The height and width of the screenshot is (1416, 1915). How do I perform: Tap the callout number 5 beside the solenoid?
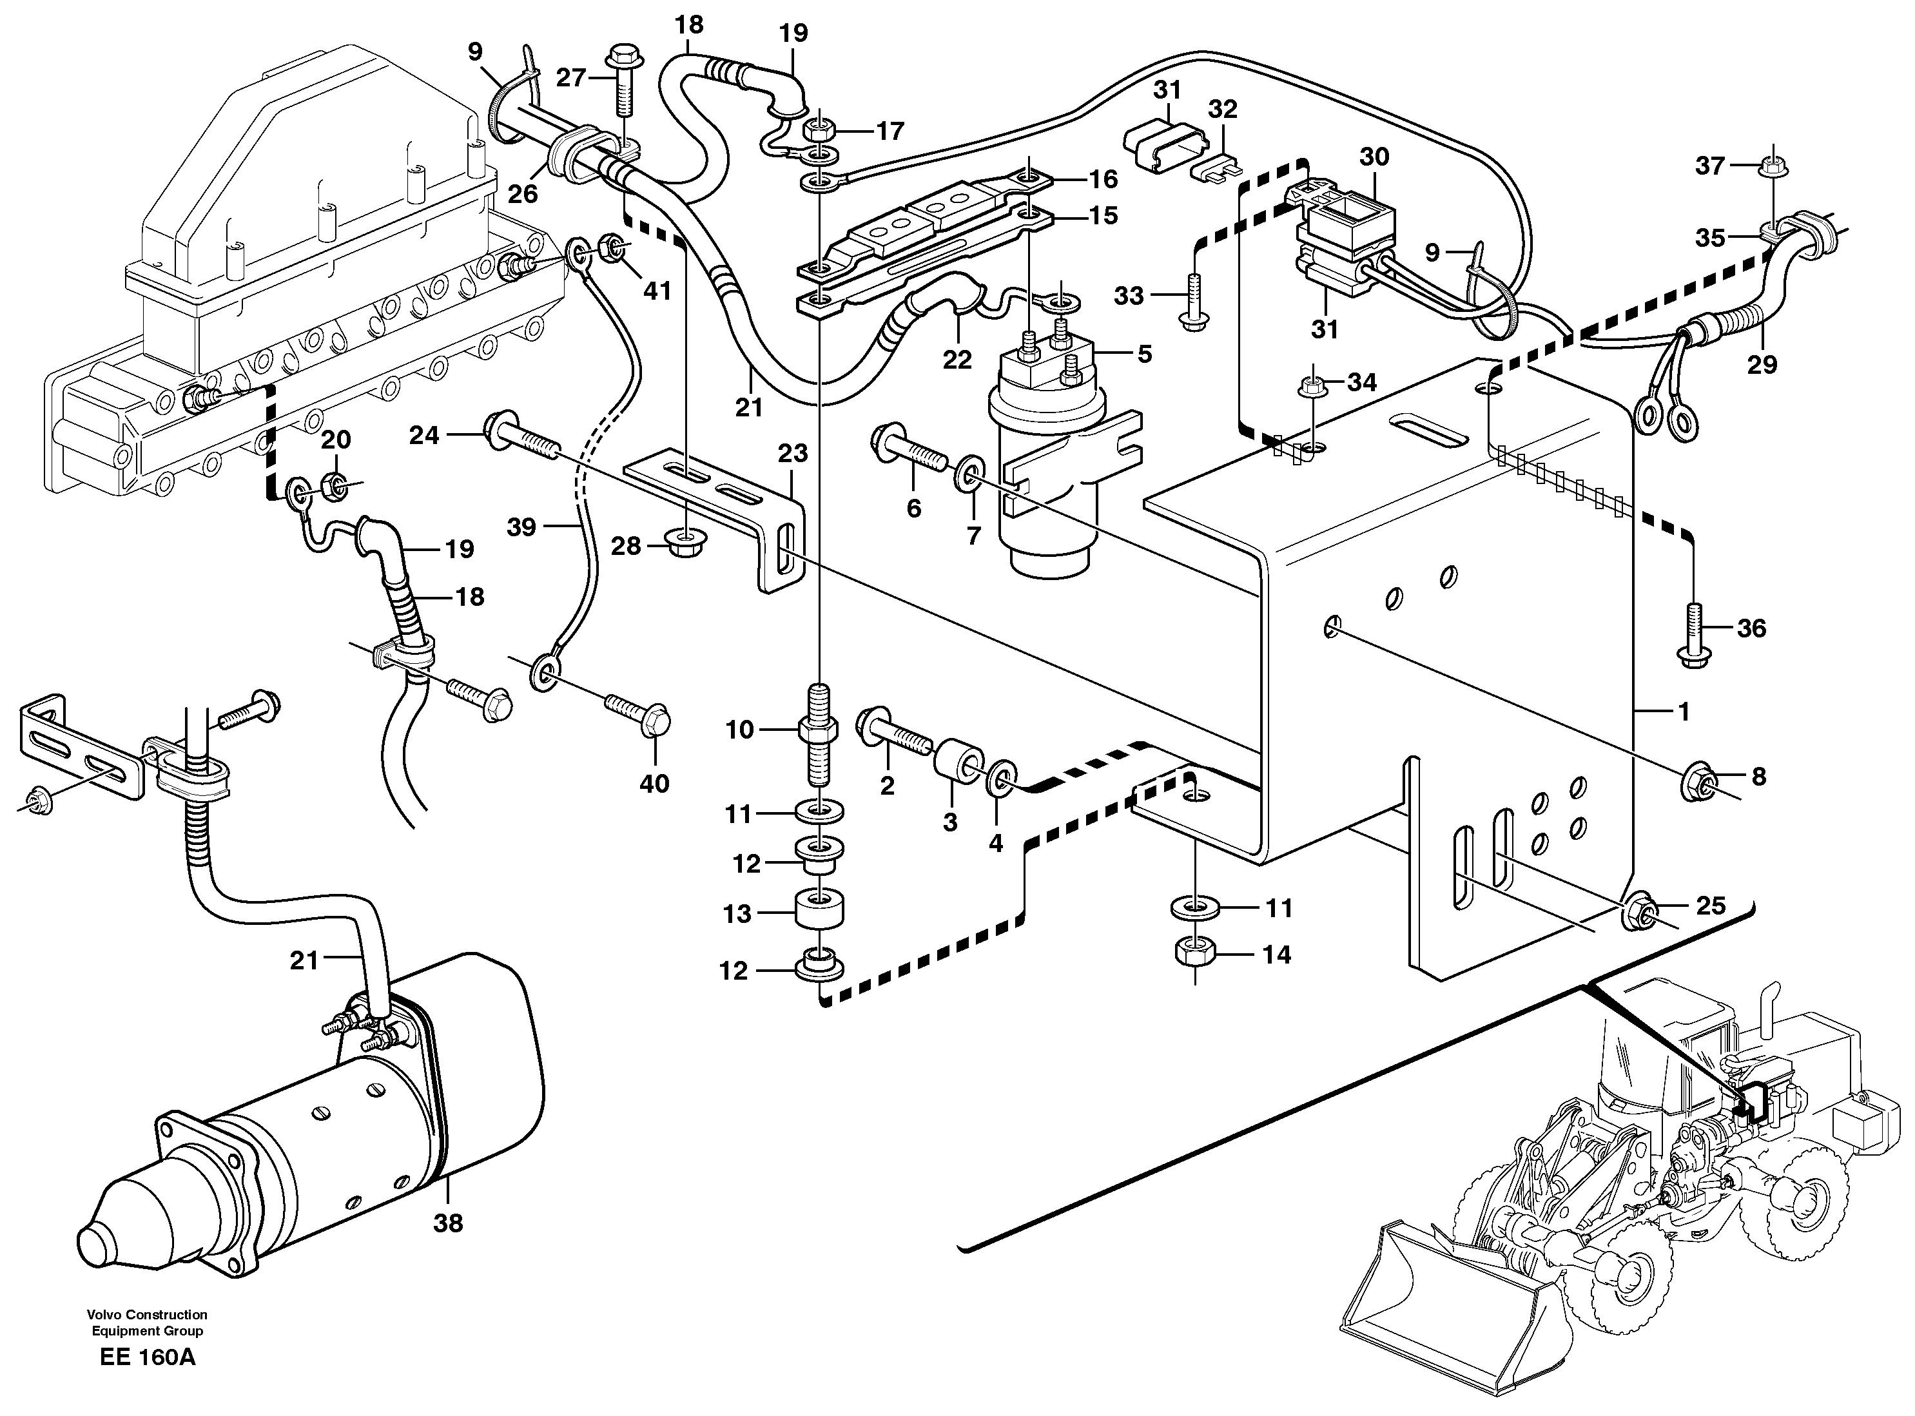click(1144, 353)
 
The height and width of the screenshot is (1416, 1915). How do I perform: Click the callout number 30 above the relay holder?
click(1374, 157)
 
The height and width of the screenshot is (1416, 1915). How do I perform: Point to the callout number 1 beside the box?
click(1684, 712)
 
